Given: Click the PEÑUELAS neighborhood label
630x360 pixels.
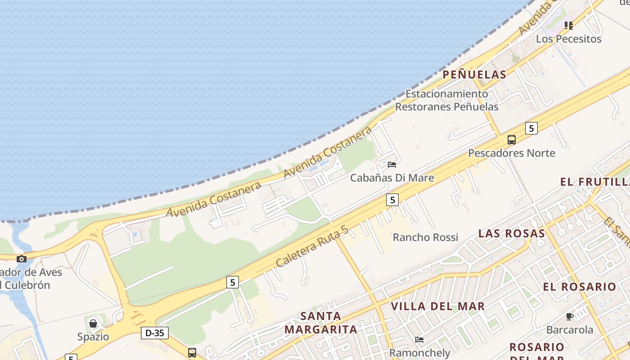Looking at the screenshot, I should coord(474,74).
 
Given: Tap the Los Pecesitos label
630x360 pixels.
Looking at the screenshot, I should coord(568,39).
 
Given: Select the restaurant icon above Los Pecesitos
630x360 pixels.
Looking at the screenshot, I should coord(569,26).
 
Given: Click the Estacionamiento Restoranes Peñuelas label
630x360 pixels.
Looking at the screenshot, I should coord(447,100).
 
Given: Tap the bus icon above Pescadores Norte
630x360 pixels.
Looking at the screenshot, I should coord(512,140).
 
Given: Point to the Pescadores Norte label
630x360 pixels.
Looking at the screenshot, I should coord(512,153).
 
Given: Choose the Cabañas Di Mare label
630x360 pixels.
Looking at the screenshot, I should coord(392,178).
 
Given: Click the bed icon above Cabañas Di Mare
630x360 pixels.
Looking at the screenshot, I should coord(392,165).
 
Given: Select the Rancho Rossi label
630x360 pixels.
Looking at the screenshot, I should coord(425,237).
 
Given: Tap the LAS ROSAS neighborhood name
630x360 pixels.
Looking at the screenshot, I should coord(512,233).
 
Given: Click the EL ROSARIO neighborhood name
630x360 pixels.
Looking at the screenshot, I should coord(580,287).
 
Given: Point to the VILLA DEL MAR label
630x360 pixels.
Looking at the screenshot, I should coord(438,306).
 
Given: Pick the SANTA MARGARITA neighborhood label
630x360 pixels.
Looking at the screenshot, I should coord(321,323).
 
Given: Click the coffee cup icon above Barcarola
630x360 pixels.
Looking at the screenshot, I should coord(570,316).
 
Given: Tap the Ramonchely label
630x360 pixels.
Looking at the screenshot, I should coord(419,352).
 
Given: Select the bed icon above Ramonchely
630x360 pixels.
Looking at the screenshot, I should coord(419,339).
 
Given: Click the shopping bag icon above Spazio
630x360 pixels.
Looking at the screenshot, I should coord(93,324).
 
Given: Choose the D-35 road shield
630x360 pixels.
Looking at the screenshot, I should coord(155,333).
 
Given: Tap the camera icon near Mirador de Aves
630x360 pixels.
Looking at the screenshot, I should coord(21,259).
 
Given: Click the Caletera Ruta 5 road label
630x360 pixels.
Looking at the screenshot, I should coord(312,247).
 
